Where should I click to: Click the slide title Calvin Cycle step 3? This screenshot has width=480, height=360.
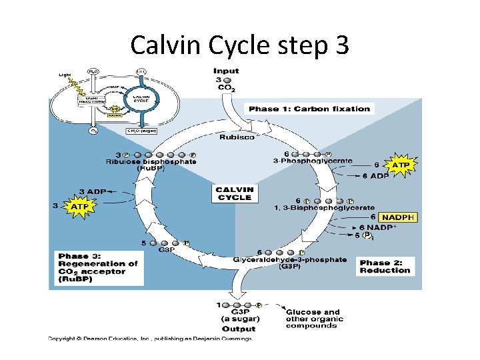pyautogui.click(x=239, y=45)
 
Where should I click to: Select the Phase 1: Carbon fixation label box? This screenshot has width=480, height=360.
pyautogui.click(x=309, y=109)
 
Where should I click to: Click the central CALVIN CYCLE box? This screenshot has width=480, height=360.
pyautogui.click(x=234, y=193)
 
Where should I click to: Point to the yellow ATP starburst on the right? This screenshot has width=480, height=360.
pyautogui.click(x=399, y=165)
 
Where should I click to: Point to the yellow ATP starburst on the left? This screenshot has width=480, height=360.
pyautogui.click(x=77, y=207)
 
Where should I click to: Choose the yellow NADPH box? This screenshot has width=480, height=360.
pyautogui.click(x=399, y=217)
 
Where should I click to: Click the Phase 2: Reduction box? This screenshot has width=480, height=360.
pyautogui.click(x=385, y=267)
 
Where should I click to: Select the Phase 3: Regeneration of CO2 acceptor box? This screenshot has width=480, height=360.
pyautogui.click(x=97, y=268)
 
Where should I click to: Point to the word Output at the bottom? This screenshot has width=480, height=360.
pyautogui.click(x=239, y=329)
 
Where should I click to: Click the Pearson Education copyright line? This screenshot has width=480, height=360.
pyautogui.click(x=150, y=339)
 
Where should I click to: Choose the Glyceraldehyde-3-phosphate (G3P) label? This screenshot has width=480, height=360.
pyautogui.click(x=290, y=263)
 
